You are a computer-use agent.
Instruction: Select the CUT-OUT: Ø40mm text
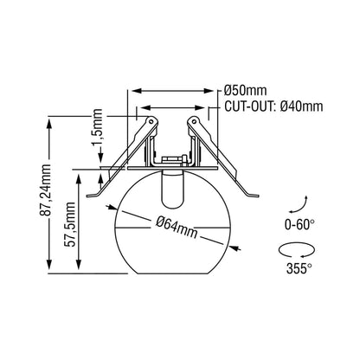[273, 107]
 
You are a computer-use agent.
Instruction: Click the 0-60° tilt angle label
[300, 224]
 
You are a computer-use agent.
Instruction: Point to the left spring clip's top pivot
[151, 120]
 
